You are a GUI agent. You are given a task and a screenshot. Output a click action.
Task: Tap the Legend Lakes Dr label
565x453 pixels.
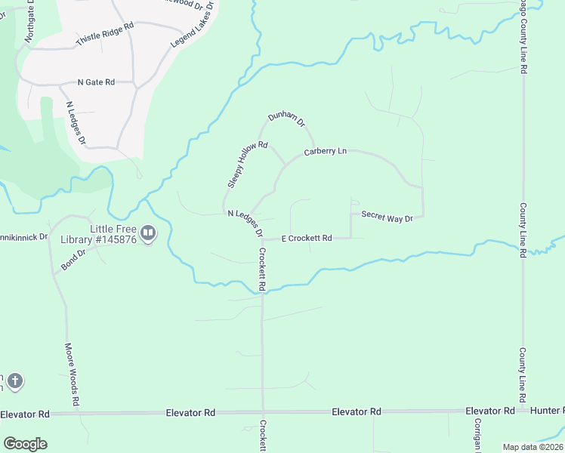click(x=192, y=25)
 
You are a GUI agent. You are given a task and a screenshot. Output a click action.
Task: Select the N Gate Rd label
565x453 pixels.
click(x=96, y=82)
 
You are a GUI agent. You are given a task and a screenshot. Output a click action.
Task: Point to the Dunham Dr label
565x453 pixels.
click(x=286, y=120)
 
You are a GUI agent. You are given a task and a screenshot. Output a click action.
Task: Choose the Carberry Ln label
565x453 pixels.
click(x=325, y=152)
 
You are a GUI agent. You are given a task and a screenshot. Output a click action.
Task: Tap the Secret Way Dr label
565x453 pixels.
click(x=387, y=217)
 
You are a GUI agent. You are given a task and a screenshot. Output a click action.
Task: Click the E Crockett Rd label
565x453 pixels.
click(x=307, y=238)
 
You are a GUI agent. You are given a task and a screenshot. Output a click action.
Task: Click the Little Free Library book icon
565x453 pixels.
click(x=148, y=233)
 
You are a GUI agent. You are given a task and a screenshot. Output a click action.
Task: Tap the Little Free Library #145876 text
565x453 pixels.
click(x=114, y=234)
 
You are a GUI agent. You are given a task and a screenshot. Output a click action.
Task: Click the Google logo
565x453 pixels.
click(x=25, y=444)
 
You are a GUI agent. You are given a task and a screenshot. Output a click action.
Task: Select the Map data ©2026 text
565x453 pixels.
click(x=532, y=447)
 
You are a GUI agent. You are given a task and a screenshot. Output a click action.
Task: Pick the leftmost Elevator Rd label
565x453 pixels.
click(x=25, y=414)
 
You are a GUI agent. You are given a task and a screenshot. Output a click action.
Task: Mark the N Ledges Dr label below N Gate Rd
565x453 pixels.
click(x=76, y=124)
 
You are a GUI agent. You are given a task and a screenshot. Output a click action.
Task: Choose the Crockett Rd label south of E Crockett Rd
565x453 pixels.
click(x=262, y=270)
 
